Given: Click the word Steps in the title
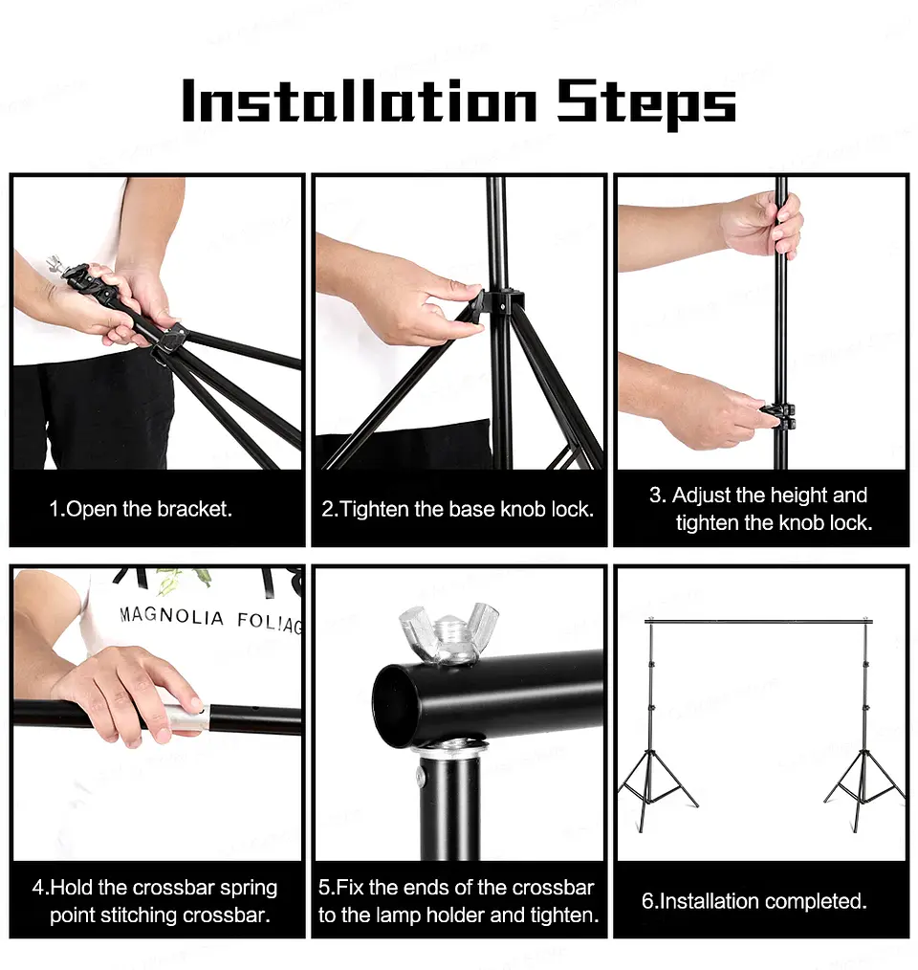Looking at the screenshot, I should coord(646,102).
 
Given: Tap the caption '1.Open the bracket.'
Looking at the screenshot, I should coord(141,509).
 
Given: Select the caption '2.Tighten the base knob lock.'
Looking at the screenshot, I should coord(457,509).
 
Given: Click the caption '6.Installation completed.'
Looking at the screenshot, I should coord(754,901).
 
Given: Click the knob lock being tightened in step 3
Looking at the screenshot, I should coord(778,417).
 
